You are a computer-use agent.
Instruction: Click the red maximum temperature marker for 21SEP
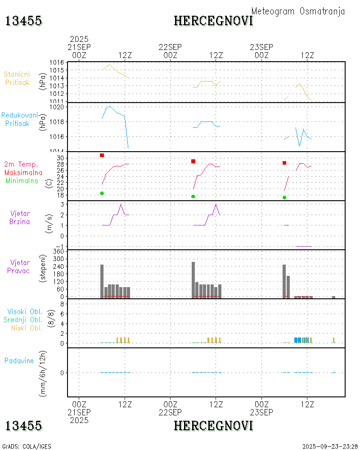(x=102, y=155)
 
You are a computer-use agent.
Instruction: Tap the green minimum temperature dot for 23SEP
(x=284, y=198)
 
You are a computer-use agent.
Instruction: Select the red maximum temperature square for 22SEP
(x=193, y=161)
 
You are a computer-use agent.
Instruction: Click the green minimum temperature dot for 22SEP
(x=193, y=197)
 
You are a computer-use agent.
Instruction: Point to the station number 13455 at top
(x=23, y=21)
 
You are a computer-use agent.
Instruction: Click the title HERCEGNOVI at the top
(x=213, y=21)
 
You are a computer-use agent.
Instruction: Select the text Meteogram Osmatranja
(x=298, y=11)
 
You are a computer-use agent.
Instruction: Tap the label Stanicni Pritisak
(x=17, y=78)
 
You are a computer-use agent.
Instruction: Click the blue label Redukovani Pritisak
(x=19, y=119)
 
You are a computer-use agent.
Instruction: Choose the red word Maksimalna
(x=23, y=172)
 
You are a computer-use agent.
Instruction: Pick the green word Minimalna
(x=22, y=180)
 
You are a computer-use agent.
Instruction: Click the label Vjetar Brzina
(x=20, y=217)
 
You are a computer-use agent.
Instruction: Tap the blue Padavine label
(x=19, y=360)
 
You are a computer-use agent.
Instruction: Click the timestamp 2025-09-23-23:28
(x=330, y=446)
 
